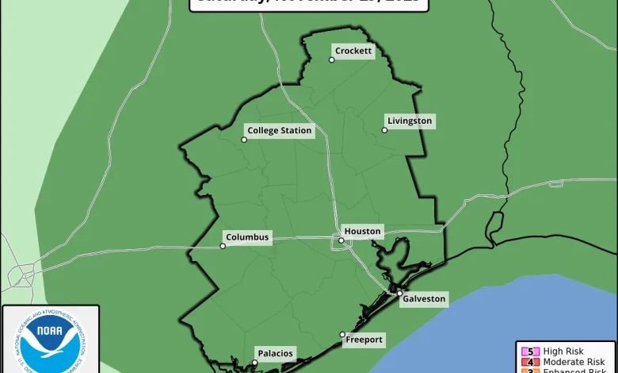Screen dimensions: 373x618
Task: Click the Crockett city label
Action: coord(353,51)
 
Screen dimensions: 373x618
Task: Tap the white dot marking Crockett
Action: coord(332,60)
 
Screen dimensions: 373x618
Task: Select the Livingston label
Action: coord(410,121)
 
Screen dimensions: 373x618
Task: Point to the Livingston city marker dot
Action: coord(385,130)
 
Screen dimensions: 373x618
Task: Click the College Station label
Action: coord(280,130)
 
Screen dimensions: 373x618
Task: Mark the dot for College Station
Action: coord(244,140)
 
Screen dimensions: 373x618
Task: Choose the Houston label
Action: coord(363,231)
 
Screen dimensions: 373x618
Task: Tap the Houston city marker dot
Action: coord(341,240)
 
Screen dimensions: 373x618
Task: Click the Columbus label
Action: coord(247,236)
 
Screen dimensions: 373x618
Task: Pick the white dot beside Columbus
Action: coord(223,246)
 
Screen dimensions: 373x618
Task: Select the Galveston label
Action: coord(425,299)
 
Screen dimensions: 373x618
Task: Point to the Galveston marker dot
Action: coord(400,294)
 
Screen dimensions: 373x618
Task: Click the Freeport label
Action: coord(364,340)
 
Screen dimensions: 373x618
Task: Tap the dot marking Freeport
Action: coord(342,334)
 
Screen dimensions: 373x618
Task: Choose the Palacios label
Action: coord(275,353)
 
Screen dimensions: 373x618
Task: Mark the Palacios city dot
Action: coord(254,363)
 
